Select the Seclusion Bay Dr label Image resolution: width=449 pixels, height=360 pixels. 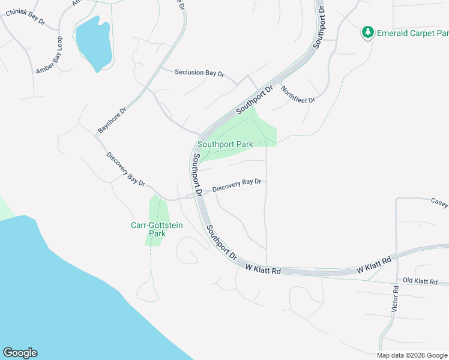pyautogui.click(x=199, y=73)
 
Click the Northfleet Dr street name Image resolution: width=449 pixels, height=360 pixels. pyautogui.click(x=298, y=95)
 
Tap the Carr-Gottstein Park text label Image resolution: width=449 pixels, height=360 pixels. pyautogui.click(x=157, y=229)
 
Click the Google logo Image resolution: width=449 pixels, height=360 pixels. pyautogui.click(x=20, y=353)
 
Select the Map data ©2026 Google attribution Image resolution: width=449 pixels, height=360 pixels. pyautogui.click(x=412, y=355)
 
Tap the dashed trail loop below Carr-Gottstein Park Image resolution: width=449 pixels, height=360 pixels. pyautogui.click(x=148, y=291)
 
